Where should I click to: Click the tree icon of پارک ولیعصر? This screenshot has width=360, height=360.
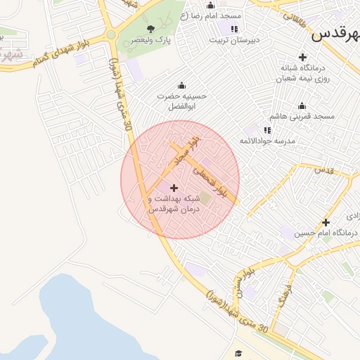(151, 29)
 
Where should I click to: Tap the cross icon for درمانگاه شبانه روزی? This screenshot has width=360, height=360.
(302, 57)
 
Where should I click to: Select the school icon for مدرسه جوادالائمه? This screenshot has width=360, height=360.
(267, 130)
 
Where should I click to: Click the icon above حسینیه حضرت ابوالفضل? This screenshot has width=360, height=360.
(183, 85)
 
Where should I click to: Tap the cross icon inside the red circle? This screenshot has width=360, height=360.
(174, 188)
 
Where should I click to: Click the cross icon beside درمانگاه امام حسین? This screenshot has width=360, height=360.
(326, 222)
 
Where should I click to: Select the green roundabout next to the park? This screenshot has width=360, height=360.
(111, 35)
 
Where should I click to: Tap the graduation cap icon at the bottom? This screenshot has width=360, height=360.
(238, 352)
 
